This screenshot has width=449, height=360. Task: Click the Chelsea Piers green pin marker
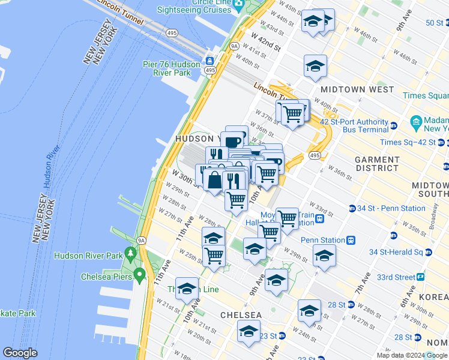[x=140, y=275]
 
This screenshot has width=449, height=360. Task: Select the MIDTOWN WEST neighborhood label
[x=357, y=89]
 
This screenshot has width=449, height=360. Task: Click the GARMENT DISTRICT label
[x=377, y=164]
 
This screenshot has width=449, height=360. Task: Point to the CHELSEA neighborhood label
[x=241, y=315]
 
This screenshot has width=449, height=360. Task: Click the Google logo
[x=20, y=353]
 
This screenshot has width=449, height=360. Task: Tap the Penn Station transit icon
[x=351, y=240]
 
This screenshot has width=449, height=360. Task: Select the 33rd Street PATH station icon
[x=421, y=277]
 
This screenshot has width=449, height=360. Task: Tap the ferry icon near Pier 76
[x=210, y=61]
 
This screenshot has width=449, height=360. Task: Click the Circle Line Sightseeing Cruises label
[x=194, y=7]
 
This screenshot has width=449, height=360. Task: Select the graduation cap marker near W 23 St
[x=249, y=331]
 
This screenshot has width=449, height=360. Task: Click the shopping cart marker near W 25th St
[x=214, y=256]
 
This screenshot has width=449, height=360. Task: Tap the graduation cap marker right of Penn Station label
[x=324, y=256]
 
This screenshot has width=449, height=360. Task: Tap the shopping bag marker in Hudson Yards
[x=215, y=180]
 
